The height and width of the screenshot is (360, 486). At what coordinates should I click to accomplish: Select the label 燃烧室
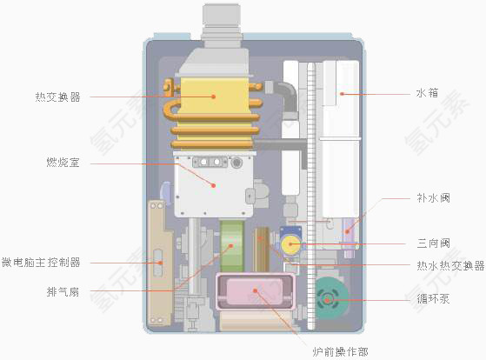(63, 163)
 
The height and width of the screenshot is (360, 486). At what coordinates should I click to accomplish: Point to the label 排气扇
(63, 291)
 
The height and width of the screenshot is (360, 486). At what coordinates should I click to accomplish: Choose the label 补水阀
(433, 198)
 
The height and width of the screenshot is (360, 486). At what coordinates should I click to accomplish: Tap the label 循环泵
(432, 299)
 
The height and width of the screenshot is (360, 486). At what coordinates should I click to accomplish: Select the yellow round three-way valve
(290, 244)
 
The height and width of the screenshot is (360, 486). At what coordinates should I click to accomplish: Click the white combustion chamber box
(213, 184)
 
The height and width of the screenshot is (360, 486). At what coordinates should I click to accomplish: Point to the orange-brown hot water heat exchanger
(263, 247)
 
